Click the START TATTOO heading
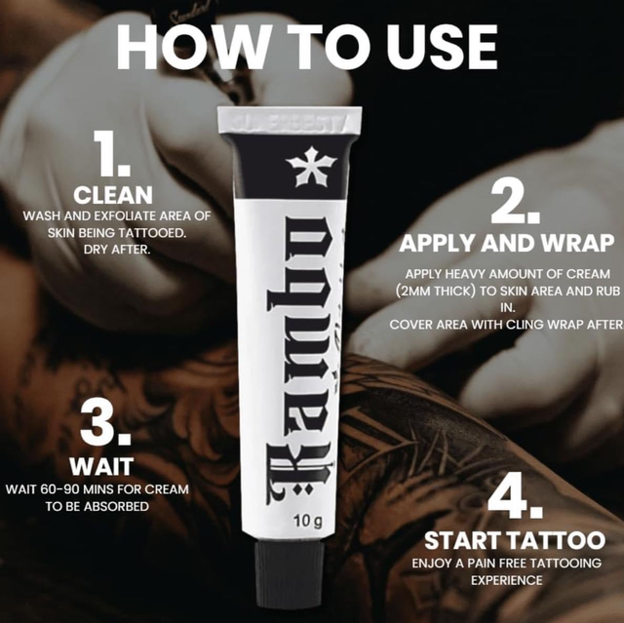[x=514, y=540]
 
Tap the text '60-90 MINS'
[x=71, y=487]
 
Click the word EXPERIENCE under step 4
[x=514, y=580]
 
